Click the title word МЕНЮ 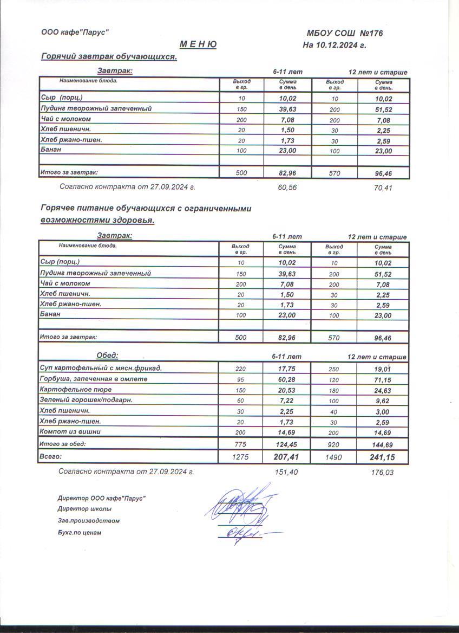click(x=198, y=44)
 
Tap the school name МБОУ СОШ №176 click(x=345, y=34)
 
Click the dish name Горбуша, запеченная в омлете click(x=94, y=379)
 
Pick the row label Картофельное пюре click(x=76, y=389)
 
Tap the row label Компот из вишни click(x=71, y=431)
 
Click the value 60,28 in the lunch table click(x=287, y=379)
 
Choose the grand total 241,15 click(x=382, y=457)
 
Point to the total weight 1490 click(x=333, y=457)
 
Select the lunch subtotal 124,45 click(x=287, y=444)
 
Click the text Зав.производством click(x=88, y=521)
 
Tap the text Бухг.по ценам click(x=79, y=533)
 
